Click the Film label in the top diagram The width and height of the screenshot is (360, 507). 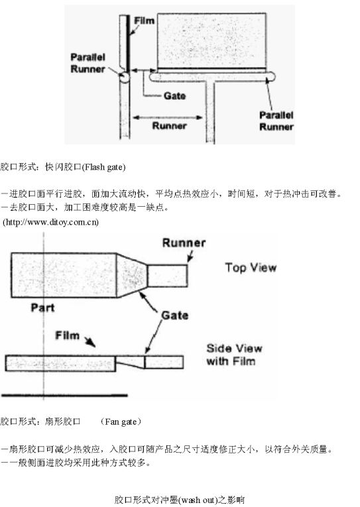click(145, 21)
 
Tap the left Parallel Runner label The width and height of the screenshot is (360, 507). click(88, 63)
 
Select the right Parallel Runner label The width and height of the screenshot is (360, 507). click(276, 121)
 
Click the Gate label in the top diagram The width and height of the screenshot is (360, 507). click(174, 96)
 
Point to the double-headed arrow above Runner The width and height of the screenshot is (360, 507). click(168, 117)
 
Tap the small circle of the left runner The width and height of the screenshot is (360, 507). click(124, 78)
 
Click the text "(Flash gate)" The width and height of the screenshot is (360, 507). click(103, 167)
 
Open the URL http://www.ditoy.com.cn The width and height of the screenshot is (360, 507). click(51, 222)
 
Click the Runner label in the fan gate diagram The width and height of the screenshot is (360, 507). click(184, 243)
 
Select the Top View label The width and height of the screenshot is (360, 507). click(251, 268)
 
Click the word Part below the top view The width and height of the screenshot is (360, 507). click(42, 308)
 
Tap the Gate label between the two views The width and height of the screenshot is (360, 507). click(174, 315)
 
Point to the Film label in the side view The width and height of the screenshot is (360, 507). click(67, 335)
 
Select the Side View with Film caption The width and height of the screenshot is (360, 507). click(234, 355)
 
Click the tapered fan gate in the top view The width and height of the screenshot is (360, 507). click(132, 275)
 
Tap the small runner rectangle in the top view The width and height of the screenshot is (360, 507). click(168, 276)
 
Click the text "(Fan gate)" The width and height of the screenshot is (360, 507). click(121, 422)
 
